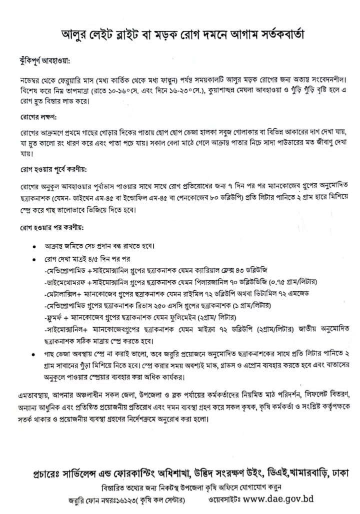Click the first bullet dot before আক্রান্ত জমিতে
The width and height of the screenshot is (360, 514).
(33, 247)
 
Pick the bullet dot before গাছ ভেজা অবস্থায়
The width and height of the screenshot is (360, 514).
(33, 354)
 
